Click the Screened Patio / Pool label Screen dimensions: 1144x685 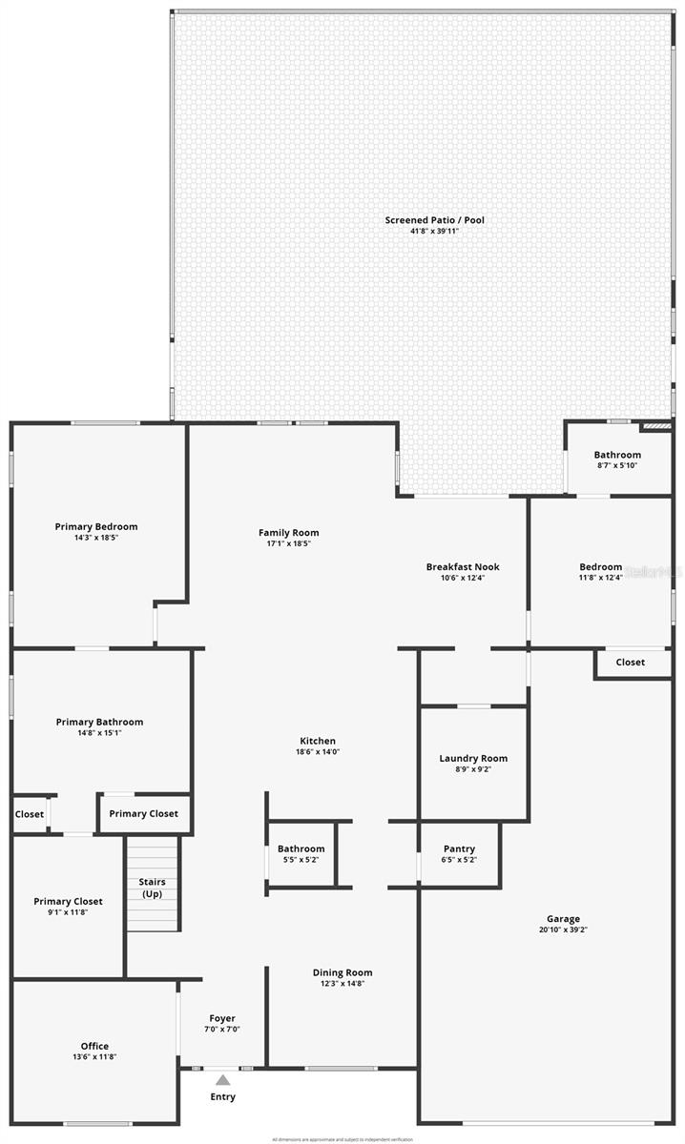pos(434,220)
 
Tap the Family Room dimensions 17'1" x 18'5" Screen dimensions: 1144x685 pos(288,543)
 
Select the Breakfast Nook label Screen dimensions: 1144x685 pos(463,567)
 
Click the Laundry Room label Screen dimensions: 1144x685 pos(473,759)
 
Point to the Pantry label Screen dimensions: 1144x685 pos(459,849)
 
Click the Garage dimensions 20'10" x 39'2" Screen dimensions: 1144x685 pos(563,929)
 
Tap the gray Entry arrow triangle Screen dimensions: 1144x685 pos(222,1080)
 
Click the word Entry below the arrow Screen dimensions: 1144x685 pos(222,1097)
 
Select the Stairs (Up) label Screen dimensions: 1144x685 pos(153,888)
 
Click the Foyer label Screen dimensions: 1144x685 pos(221,1019)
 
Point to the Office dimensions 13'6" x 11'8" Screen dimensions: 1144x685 pos(94,1057)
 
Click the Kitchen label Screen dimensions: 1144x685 pos(318,741)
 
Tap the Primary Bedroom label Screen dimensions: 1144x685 pos(96,527)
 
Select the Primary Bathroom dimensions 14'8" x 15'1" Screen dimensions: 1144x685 pos(99,733)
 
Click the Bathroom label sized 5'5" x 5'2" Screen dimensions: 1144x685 pos(301,849)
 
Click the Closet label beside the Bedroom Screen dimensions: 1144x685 pos(630,662)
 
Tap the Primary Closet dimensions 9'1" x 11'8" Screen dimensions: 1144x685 pos(68,912)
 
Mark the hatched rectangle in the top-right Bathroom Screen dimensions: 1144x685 pos(656,427)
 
